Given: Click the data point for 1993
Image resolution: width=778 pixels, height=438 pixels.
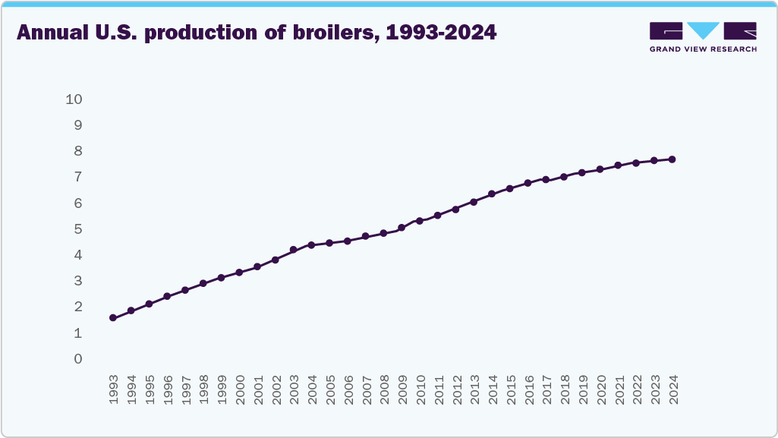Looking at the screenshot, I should [113, 318].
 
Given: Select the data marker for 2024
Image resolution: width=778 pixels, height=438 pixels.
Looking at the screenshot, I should [672, 159].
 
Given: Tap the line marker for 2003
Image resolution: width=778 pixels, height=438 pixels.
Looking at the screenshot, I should [293, 250].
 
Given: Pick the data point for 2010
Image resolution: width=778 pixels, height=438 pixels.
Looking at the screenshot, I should [419, 221].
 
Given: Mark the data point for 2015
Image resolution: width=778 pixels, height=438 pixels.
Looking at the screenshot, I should [509, 188].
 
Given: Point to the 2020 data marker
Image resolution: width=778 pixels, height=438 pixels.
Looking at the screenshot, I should [600, 169].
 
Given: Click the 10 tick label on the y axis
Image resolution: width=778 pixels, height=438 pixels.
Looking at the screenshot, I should [74, 99].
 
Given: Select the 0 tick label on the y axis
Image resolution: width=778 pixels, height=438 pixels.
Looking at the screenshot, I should [77, 359].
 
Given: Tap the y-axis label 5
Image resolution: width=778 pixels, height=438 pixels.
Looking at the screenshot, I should [77, 229].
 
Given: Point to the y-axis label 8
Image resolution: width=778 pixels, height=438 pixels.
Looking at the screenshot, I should [77, 151].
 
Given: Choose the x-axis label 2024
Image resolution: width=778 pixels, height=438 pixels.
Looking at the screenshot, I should [672, 389].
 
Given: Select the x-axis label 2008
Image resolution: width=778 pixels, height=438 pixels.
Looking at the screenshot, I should [384, 389].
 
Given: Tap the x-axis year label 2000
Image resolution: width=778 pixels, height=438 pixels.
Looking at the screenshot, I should [240, 389].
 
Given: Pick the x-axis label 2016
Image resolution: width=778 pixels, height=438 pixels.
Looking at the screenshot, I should [528, 389].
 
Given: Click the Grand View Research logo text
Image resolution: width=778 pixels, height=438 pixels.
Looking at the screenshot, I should [703, 49].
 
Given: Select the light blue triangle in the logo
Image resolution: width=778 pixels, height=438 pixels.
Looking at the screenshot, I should [704, 30].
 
